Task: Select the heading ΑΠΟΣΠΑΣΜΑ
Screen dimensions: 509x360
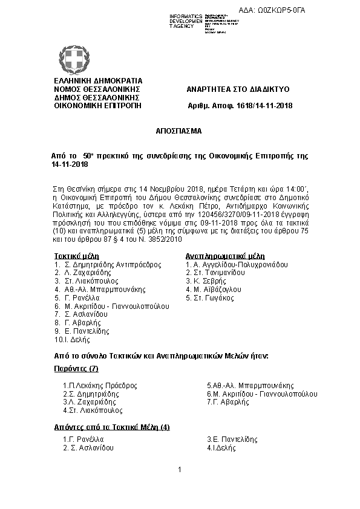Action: click(x=180, y=131)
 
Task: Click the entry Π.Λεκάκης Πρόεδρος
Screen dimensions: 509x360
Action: click(x=100, y=385)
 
